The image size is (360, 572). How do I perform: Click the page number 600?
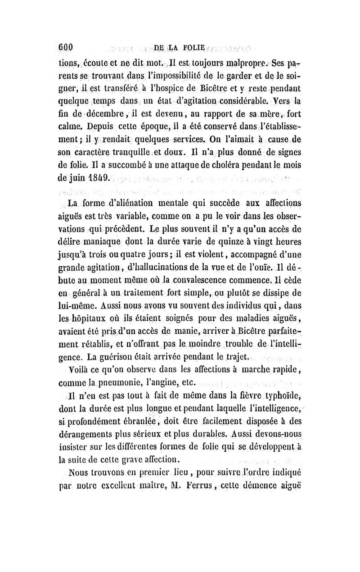[x=70, y=46]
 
